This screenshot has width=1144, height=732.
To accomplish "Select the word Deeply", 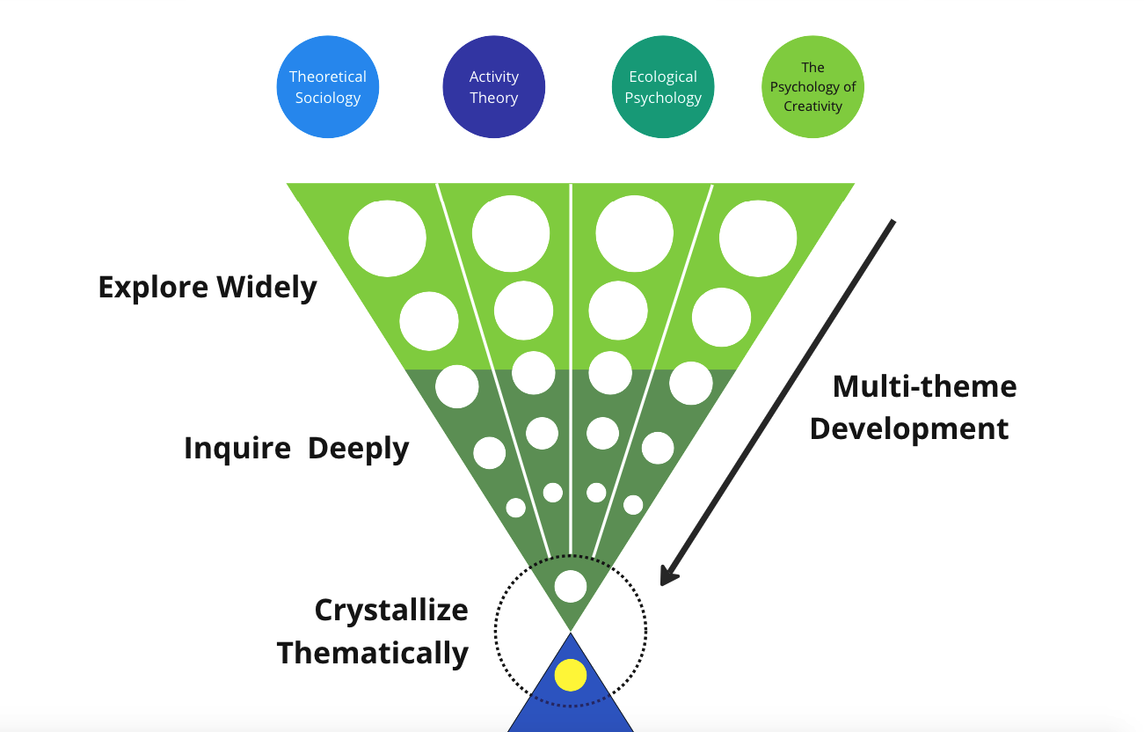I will click(359, 449).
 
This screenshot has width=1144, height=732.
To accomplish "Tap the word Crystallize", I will click(391, 611).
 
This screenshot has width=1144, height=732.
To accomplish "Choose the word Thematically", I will click(373, 654).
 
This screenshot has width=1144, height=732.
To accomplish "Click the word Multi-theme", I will click(924, 386).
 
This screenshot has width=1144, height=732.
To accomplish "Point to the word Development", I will click(909, 428).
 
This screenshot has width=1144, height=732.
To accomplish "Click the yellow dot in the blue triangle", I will click(571, 675).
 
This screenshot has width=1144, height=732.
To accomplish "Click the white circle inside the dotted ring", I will click(571, 586).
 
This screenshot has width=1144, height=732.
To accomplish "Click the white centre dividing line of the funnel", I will click(572, 352).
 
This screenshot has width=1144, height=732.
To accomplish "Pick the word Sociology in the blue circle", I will click(328, 98).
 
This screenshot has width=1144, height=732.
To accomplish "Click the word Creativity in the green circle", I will click(813, 106).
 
